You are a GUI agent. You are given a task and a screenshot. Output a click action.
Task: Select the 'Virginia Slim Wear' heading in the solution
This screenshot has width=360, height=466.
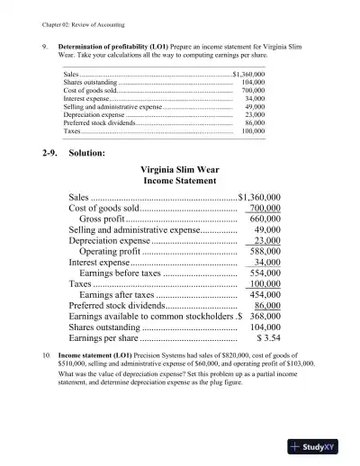[183, 168]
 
